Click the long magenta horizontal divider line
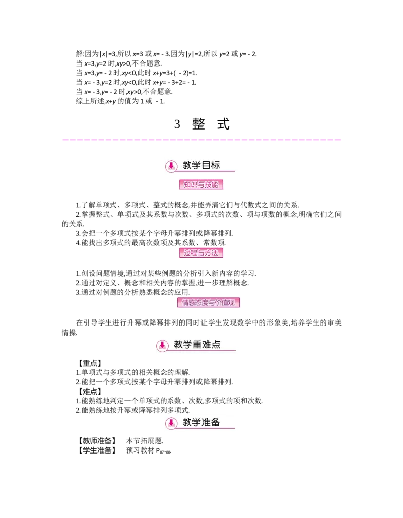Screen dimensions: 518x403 click(x=201, y=139)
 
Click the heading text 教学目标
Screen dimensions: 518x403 click(x=201, y=165)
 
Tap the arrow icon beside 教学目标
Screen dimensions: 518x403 click(x=171, y=166)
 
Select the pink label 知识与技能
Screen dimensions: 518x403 click(x=201, y=185)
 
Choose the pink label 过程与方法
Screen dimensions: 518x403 click(x=201, y=253)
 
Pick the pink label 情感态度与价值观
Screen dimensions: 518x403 click(x=208, y=303)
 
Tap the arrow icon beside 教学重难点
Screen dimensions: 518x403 click(x=162, y=346)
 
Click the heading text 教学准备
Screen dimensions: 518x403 click(x=201, y=422)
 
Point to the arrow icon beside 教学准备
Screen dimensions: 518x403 click(x=171, y=423)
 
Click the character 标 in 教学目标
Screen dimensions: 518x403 click(x=215, y=165)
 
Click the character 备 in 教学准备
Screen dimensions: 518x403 click(x=215, y=422)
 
